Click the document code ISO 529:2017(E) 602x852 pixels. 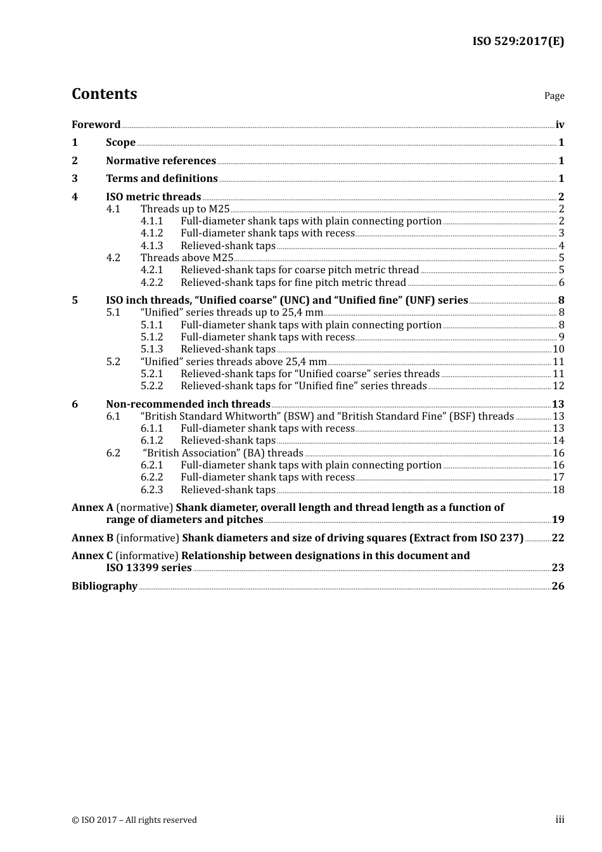click(x=518, y=42)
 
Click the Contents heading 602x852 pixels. click(x=104, y=94)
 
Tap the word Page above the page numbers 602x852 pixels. click(x=554, y=96)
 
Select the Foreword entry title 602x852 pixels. click(x=96, y=125)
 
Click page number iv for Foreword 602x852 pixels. click(x=560, y=125)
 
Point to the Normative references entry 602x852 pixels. click(x=161, y=161)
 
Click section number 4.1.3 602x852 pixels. click(x=151, y=246)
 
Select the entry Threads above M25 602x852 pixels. click(x=187, y=258)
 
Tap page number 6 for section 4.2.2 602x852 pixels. click(x=561, y=283)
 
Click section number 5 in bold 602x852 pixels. click(x=75, y=300)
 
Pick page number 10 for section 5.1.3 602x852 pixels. click(x=558, y=349)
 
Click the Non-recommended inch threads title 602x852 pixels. click(x=188, y=404)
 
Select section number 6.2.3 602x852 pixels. click(x=151, y=490)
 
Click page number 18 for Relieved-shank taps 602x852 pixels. click(x=558, y=490)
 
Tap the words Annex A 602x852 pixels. click(x=93, y=508)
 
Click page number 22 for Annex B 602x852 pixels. click(x=558, y=538)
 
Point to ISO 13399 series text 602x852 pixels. click(x=149, y=568)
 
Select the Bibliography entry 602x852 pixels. click(x=105, y=586)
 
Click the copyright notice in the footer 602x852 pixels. click(x=134, y=820)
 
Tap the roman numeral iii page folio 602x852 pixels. click(x=560, y=820)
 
